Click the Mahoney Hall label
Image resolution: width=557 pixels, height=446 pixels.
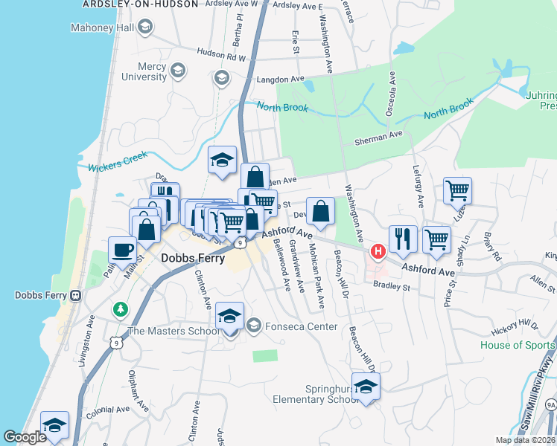pyautogui.click(x=104, y=28)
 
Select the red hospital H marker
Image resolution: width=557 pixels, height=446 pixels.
pyautogui.click(x=378, y=251)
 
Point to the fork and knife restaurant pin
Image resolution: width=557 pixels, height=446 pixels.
pyautogui.click(x=402, y=239)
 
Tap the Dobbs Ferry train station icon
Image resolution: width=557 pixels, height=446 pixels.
pyautogui.click(x=75, y=295)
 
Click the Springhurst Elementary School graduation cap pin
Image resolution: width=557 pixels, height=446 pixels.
pyautogui.click(x=366, y=387)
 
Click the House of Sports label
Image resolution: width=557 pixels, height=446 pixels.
pyautogui.click(x=518, y=345)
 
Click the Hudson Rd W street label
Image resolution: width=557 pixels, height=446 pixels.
pyautogui.click(x=221, y=54)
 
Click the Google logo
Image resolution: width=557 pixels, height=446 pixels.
pyautogui.click(x=25, y=438)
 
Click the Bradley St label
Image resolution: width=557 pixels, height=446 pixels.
pyautogui.click(x=392, y=286)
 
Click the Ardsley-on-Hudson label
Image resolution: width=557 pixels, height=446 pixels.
pyautogui.click(x=140, y=4)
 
